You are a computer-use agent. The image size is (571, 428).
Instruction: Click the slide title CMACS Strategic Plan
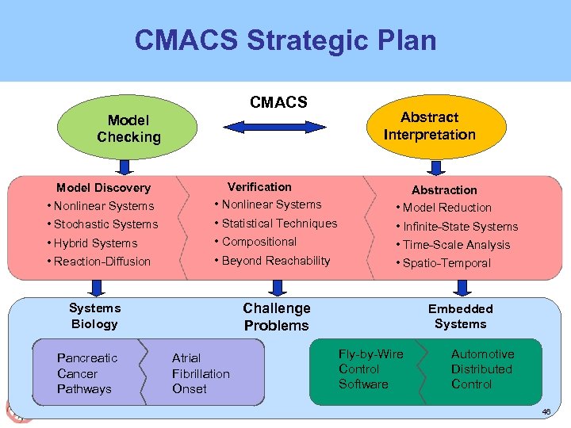(x=285, y=40)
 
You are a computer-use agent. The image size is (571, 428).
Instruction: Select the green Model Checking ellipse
(x=128, y=128)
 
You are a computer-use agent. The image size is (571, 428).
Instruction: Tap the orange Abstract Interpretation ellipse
(x=429, y=126)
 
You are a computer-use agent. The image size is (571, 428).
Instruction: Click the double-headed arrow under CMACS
(x=278, y=126)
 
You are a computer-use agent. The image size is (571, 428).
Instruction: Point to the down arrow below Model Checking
(x=125, y=166)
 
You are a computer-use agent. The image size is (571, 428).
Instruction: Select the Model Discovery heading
(x=103, y=188)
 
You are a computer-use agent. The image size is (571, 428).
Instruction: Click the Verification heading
(x=259, y=187)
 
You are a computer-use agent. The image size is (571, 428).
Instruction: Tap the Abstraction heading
(x=444, y=190)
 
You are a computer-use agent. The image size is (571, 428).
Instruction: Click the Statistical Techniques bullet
(x=275, y=224)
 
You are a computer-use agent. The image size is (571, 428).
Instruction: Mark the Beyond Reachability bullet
(x=272, y=261)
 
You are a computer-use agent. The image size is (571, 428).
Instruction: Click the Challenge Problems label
(x=277, y=317)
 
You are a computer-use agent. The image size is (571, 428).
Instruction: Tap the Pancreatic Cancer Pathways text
(x=87, y=373)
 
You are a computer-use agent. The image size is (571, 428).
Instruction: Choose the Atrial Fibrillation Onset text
(x=201, y=373)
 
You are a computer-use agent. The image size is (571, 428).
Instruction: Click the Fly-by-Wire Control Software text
(x=370, y=369)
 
